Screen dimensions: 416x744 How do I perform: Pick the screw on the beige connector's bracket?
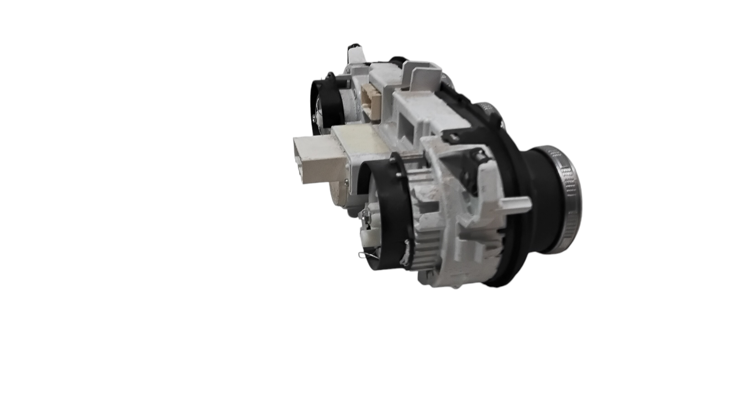[347, 182]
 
